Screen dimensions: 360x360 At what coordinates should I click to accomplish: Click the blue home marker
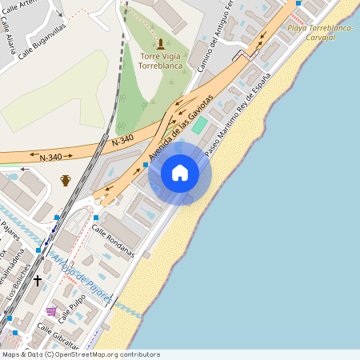(x=180, y=173)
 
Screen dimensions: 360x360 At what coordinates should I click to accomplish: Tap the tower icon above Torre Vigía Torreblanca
(x=161, y=43)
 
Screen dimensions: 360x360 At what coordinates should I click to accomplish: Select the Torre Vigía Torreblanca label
(x=161, y=62)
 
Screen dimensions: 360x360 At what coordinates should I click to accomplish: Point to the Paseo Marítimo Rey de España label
(x=238, y=113)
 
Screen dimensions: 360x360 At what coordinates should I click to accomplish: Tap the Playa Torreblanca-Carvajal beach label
(x=319, y=32)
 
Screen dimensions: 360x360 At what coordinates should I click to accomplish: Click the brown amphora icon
(x=66, y=180)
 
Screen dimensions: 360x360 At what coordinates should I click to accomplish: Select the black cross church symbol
(x=37, y=281)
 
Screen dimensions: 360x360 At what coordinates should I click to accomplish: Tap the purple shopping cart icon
(x=52, y=311)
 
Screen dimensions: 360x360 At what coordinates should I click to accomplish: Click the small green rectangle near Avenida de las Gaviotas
(x=198, y=125)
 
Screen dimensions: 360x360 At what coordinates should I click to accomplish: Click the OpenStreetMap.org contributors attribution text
(x=114, y=354)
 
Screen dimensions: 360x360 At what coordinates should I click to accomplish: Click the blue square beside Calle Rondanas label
(x=96, y=218)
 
